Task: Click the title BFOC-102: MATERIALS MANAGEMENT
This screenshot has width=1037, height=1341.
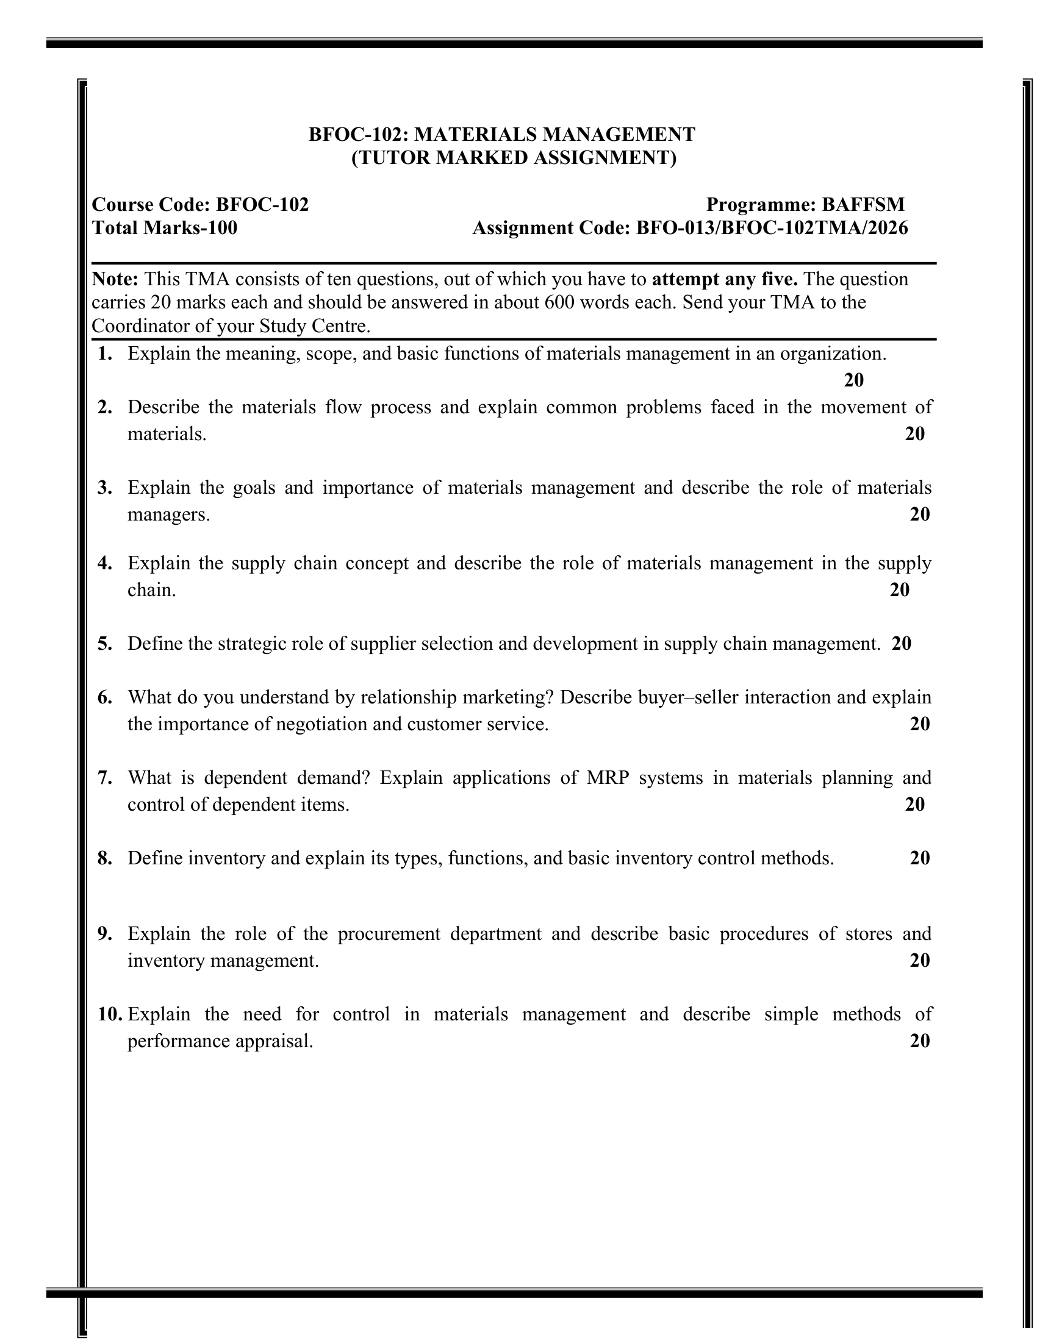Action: coord(501,134)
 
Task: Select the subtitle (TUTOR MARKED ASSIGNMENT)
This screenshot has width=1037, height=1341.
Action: coord(514,158)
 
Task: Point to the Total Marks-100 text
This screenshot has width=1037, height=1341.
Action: coord(165,228)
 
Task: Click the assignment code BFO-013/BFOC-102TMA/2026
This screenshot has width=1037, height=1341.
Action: coord(772,228)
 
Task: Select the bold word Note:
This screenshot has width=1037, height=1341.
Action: coord(115,279)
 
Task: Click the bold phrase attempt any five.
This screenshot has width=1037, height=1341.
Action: coord(724,279)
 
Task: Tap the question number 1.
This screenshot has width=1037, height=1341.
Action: coord(105,354)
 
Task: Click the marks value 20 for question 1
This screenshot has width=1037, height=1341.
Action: coord(853,380)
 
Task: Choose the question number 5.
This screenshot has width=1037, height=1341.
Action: coord(105,644)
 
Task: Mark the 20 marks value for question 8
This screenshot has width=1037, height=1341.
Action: coord(919,858)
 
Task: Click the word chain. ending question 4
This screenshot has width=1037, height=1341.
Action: coord(151,590)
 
